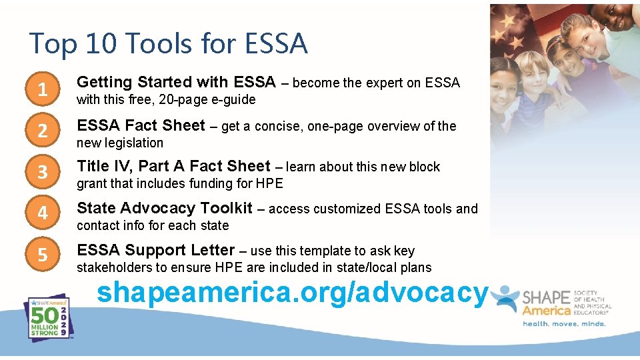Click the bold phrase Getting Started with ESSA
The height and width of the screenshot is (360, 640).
pos(176,82)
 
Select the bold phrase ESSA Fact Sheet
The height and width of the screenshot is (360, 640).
pos(141,125)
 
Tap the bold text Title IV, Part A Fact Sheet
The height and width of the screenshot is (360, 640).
pos(173,166)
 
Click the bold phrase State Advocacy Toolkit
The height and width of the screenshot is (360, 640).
pos(165,208)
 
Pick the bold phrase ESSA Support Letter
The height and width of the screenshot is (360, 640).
pos(155,250)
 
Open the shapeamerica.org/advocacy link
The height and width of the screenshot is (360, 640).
pos(293,292)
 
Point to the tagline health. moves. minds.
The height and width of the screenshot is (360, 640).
pos(564,324)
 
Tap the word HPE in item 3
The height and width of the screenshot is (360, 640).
pos(269,184)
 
